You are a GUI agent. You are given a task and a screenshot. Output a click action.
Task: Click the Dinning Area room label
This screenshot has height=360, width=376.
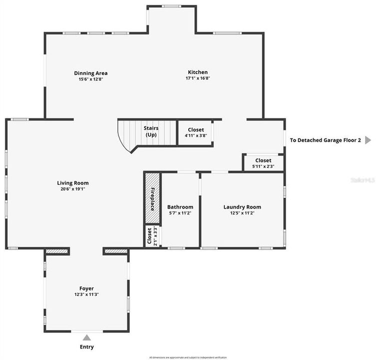(91, 73)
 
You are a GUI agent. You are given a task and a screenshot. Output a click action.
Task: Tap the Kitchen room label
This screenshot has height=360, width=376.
(198, 72)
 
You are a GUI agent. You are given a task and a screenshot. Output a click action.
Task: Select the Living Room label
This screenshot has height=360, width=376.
(73, 183)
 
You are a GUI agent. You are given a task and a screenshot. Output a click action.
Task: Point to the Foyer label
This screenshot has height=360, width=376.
(86, 288)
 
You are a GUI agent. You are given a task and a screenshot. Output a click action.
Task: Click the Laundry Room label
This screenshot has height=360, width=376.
(242, 207)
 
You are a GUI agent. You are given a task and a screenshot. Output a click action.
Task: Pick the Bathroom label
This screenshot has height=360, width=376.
(180, 207)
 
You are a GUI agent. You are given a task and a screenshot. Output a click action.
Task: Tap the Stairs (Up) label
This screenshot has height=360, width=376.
(151, 131)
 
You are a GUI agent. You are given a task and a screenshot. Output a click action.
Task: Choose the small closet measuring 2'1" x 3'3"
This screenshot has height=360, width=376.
(149, 236)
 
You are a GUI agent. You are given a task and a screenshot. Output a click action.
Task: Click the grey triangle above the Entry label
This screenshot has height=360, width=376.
(87, 337)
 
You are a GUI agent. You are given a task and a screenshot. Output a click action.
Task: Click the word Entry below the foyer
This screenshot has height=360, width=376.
(86, 347)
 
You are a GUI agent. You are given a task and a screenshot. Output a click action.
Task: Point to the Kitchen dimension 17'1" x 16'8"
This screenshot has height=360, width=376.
(198, 78)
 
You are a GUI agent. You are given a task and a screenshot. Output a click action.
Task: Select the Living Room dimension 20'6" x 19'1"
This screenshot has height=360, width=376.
(73, 189)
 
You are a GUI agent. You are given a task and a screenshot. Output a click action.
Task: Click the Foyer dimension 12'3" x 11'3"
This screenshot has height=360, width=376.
(86, 294)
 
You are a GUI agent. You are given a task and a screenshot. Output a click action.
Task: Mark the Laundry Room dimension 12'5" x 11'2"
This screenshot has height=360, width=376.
(242, 213)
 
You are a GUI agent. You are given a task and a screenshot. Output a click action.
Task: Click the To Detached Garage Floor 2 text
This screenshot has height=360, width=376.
(326, 140)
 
